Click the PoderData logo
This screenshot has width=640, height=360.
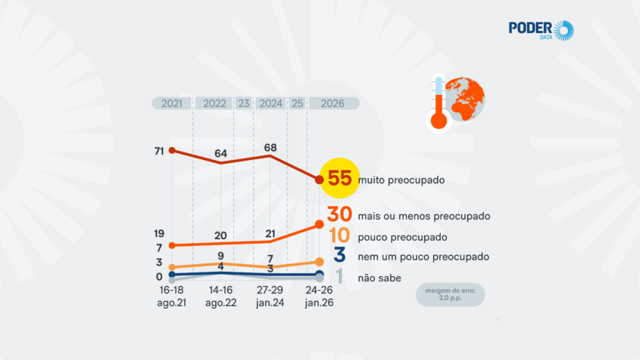pos(541,31)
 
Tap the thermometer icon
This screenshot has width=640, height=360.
pos(436,103)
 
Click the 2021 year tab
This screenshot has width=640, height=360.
pos(172,103)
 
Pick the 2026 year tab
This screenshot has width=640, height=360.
pos(333,103)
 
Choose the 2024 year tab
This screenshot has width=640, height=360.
pos(271,103)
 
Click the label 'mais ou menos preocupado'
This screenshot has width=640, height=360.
pos(425,216)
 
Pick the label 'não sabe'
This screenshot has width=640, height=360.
pos(376,278)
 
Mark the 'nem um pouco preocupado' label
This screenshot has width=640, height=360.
pos(423,257)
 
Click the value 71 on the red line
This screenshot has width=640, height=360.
pos(159,151)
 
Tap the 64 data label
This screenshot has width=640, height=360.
pos(221,153)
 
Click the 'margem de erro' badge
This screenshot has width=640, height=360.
pos(451,294)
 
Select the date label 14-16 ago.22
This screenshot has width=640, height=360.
pos(221,296)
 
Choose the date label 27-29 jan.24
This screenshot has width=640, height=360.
pos(270,296)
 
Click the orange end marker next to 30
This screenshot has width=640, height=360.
pos(319,224)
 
